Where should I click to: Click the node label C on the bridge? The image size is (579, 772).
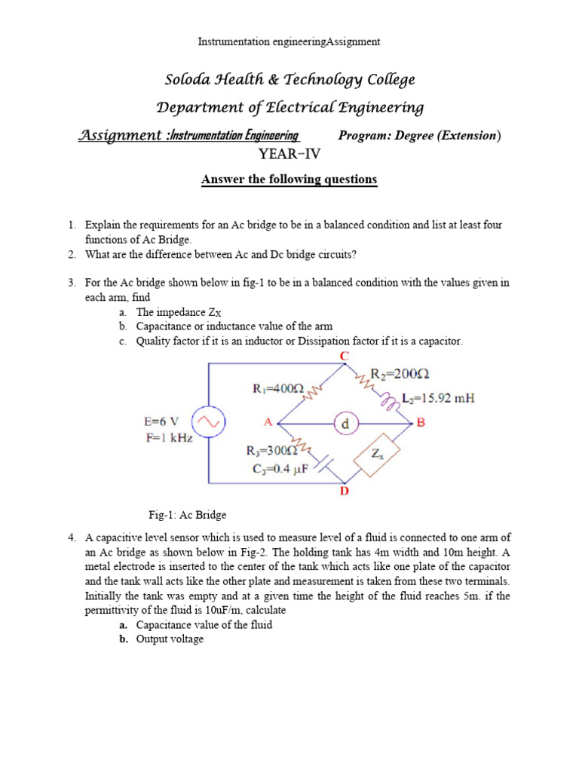click(345, 355)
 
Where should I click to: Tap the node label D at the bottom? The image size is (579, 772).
click(345, 492)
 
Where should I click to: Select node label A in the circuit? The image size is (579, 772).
click(267, 423)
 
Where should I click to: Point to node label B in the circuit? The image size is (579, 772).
click(421, 423)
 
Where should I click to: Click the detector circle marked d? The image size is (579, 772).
click(346, 424)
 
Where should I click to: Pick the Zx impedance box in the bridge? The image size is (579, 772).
click(376, 454)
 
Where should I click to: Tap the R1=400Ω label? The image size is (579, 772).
click(277, 389)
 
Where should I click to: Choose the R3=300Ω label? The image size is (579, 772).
click(272, 452)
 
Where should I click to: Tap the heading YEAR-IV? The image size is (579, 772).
click(289, 155)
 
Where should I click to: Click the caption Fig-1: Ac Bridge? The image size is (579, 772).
click(187, 515)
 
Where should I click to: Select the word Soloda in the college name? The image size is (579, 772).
click(191, 80)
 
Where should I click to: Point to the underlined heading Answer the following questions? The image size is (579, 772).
click(289, 179)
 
